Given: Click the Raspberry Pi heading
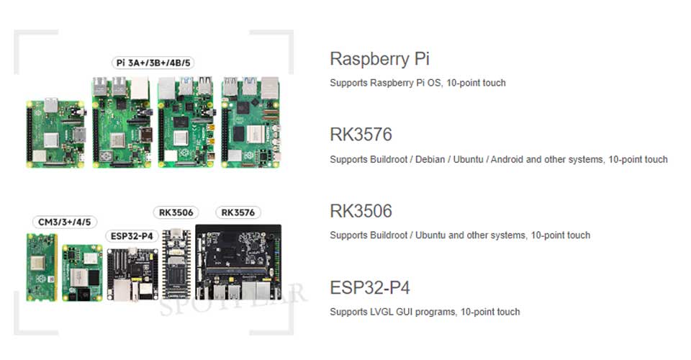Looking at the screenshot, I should [379, 59].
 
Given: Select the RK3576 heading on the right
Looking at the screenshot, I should [361, 135].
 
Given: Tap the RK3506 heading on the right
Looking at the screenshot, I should [361, 211].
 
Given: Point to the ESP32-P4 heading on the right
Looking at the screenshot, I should [370, 288].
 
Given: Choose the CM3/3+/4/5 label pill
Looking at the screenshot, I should [65, 222].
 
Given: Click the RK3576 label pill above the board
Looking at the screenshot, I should [238, 212].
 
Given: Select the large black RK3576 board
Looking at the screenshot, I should [238, 263].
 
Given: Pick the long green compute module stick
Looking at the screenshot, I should [42, 266].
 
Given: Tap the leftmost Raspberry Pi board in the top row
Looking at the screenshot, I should [55, 132].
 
